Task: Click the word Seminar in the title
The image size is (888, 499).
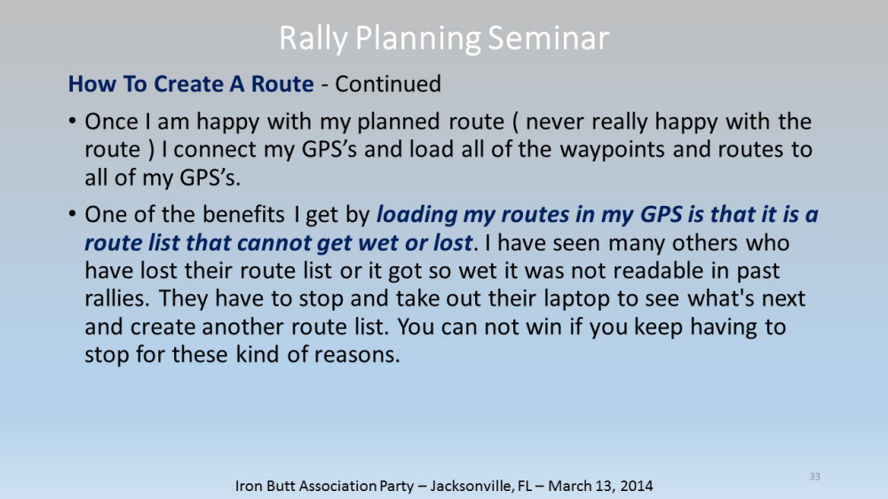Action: coord(548,38)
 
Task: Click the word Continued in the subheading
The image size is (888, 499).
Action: coord(388,83)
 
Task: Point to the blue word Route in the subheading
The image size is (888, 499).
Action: coord(282,83)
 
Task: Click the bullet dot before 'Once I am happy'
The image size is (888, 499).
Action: coord(72,121)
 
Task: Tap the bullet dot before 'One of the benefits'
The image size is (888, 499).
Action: coord(72,214)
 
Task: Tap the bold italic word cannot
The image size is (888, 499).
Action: coord(274,243)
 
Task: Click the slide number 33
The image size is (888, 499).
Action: coord(814,476)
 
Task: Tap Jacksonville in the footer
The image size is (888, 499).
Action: coord(472,486)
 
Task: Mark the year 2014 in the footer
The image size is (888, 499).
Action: coord(636,486)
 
